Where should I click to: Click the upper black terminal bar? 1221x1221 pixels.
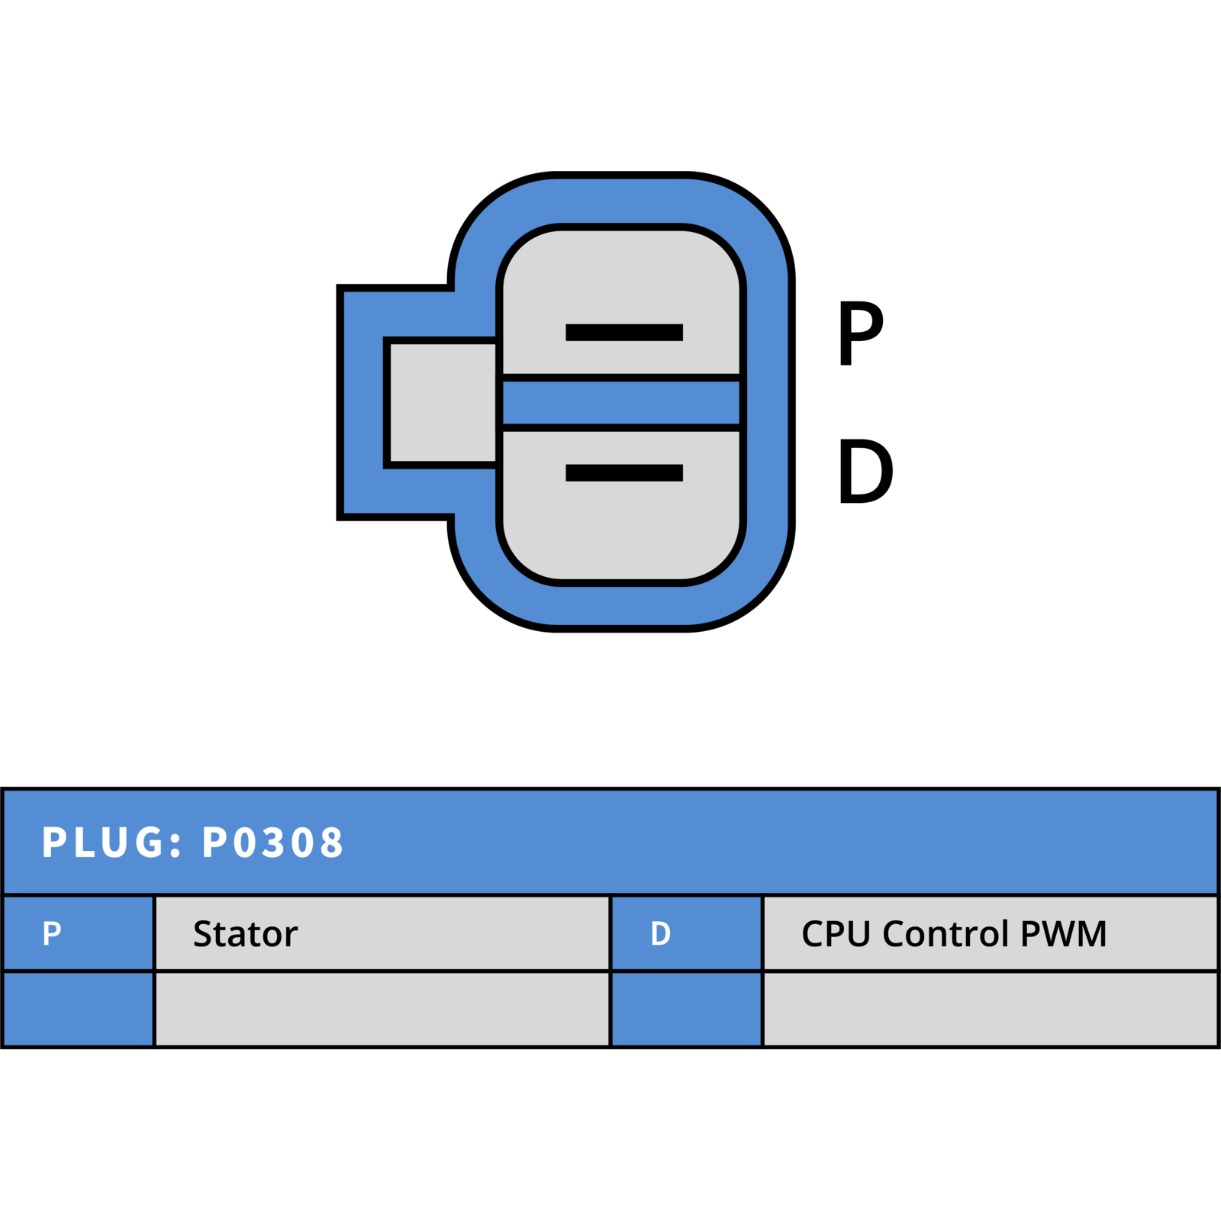pos(623,332)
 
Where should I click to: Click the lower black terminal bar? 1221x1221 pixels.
pos(623,472)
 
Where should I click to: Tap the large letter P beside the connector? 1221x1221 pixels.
pos(861,333)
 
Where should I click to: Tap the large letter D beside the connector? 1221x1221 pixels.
pos(866,471)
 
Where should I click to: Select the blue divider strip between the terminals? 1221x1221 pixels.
pos(621,402)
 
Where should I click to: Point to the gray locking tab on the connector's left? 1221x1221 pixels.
pos(443,402)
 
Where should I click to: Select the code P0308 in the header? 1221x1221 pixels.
pos(272,842)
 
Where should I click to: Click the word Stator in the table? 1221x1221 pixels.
pos(245,933)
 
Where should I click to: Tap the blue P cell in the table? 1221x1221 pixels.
pos(79,933)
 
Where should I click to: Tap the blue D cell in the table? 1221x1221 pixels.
pos(687,933)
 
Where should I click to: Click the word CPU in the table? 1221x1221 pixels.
pos(836,933)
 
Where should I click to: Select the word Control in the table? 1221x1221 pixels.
pos(946,933)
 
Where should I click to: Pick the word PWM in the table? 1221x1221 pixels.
pos(1063,933)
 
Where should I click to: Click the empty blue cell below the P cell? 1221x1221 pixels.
pos(79,1009)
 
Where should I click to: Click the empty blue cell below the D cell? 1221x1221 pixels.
pos(687,1009)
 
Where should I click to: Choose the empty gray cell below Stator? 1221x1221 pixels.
pos(382,1009)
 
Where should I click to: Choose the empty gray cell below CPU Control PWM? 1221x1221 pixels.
pos(991,1009)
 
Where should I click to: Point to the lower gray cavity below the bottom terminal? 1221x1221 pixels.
pos(621,534)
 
